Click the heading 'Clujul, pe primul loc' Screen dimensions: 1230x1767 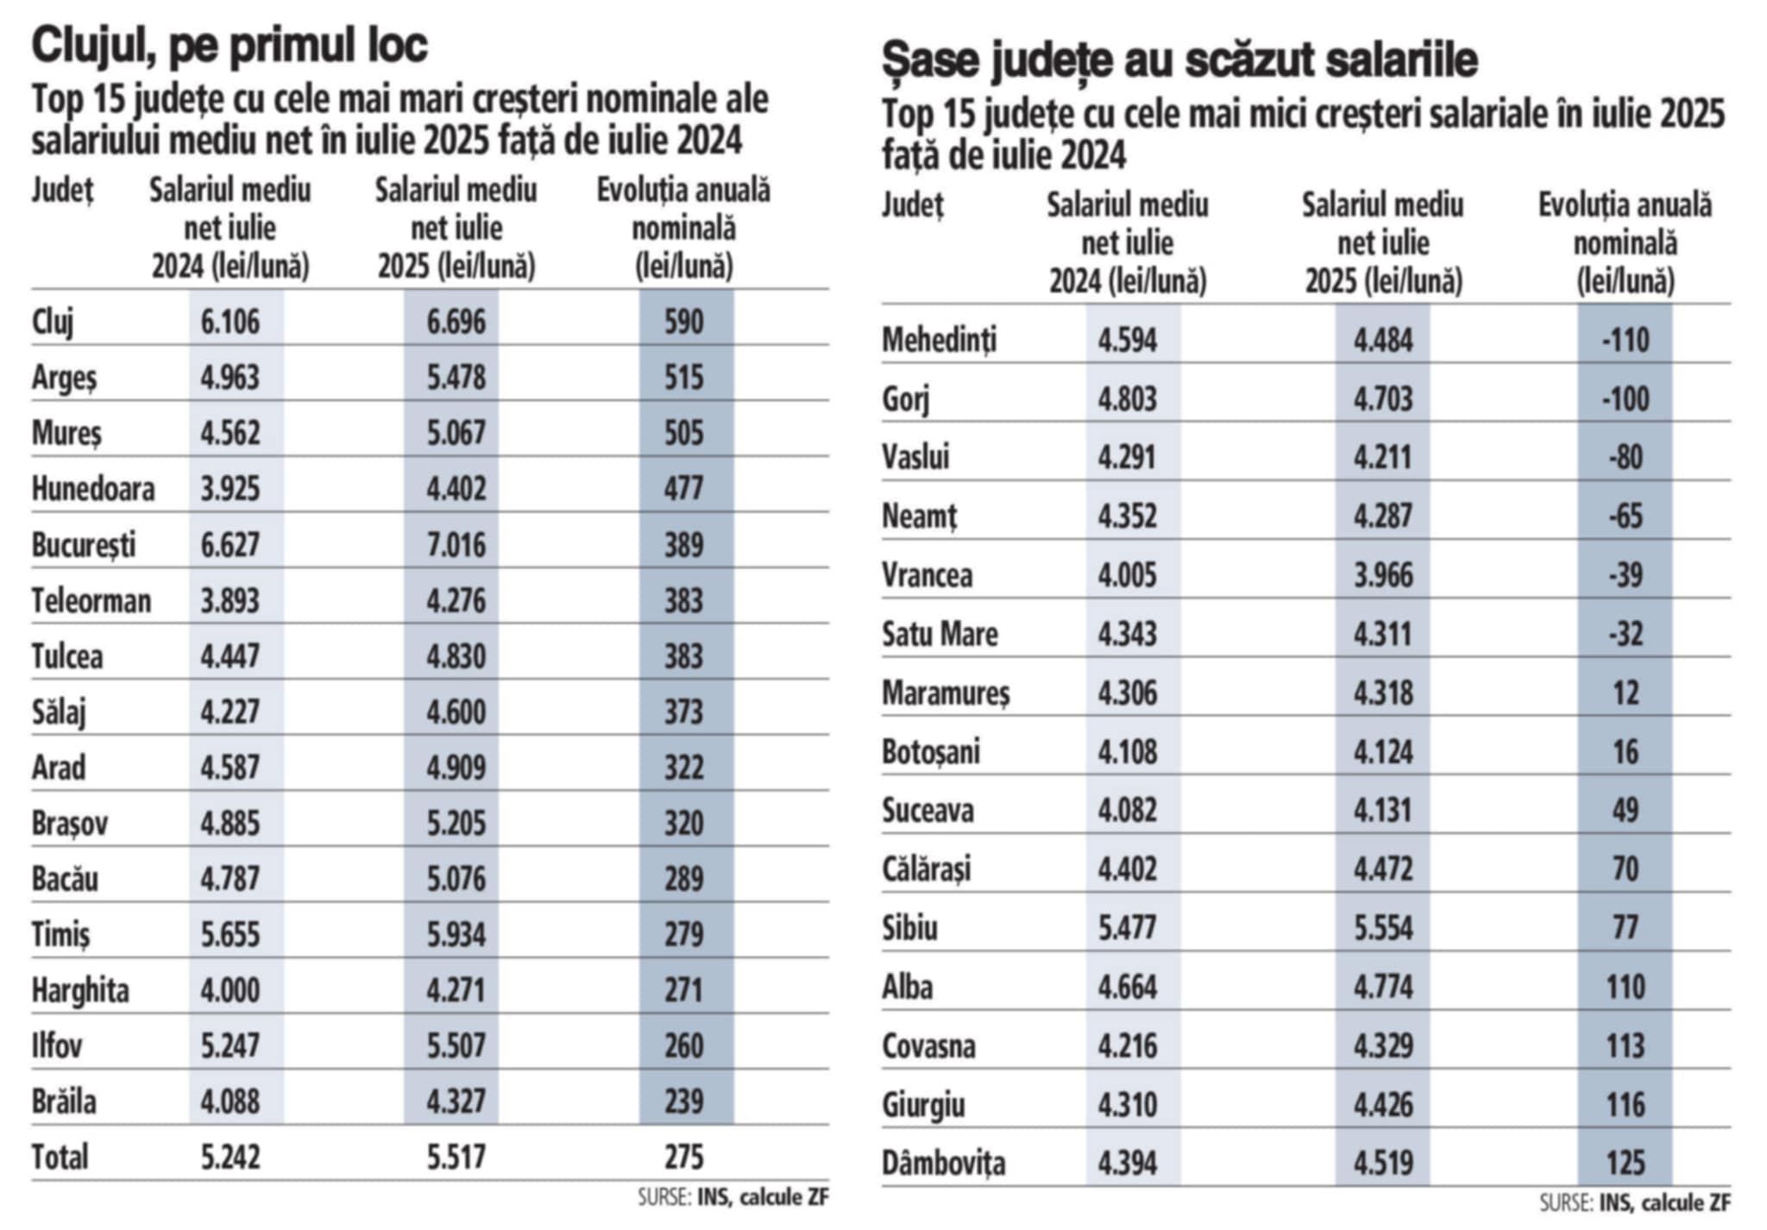(x=230, y=45)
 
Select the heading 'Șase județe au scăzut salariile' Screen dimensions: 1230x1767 (x=1179, y=60)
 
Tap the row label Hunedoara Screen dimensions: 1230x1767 (x=93, y=489)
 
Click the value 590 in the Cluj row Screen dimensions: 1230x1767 (x=684, y=322)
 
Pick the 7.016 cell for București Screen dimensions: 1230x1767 (x=456, y=545)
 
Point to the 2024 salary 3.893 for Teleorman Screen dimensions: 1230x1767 (x=230, y=600)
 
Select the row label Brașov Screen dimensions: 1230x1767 (x=70, y=823)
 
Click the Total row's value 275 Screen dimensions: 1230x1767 (x=684, y=1157)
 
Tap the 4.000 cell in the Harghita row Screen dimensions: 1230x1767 (x=230, y=989)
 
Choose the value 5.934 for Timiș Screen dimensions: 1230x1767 (x=456, y=934)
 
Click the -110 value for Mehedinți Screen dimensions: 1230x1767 (x=1625, y=340)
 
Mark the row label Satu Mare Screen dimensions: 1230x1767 (x=940, y=634)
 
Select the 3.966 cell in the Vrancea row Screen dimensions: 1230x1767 (x=1382, y=575)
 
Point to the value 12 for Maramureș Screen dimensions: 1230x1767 (x=1625, y=693)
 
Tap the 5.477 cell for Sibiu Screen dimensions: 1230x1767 (x=1127, y=928)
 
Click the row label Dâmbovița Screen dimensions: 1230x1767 (x=943, y=1164)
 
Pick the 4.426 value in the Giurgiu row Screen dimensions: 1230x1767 (x=1382, y=1105)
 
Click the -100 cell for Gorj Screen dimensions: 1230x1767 (x=1625, y=398)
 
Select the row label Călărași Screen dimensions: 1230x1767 (x=926, y=869)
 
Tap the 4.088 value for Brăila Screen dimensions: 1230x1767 (x=230, y=1101)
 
